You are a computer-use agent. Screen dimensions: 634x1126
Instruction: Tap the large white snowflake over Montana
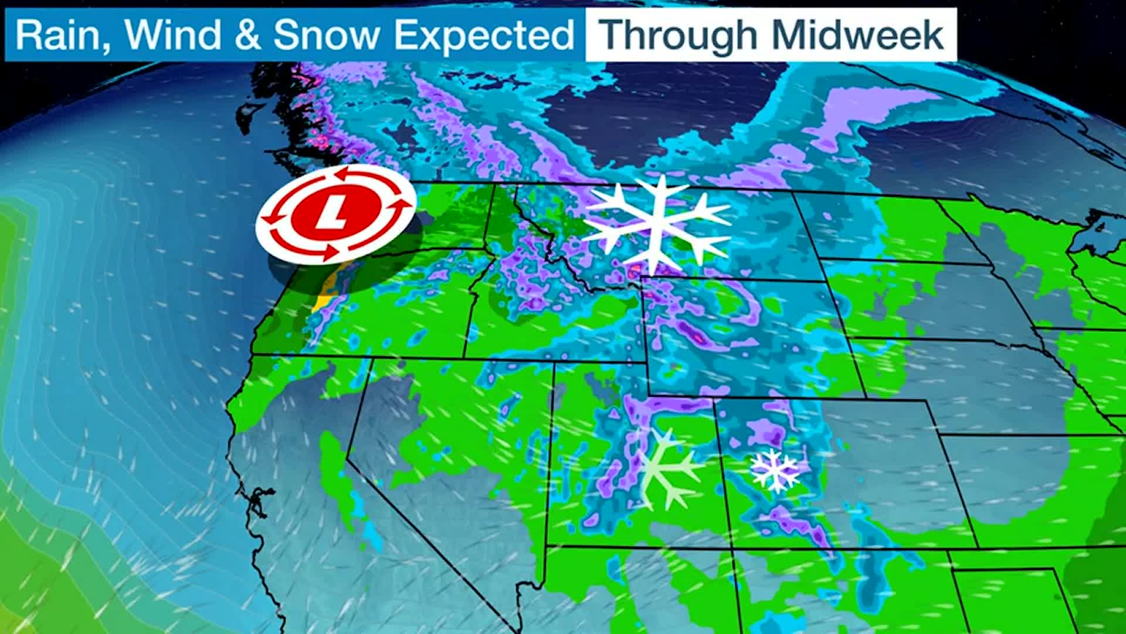[x=659, y=222]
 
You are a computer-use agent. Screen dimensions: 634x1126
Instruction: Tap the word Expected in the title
[x=483, y=35]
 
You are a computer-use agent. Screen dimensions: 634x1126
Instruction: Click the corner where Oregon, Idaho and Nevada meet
[x=464, y=358]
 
